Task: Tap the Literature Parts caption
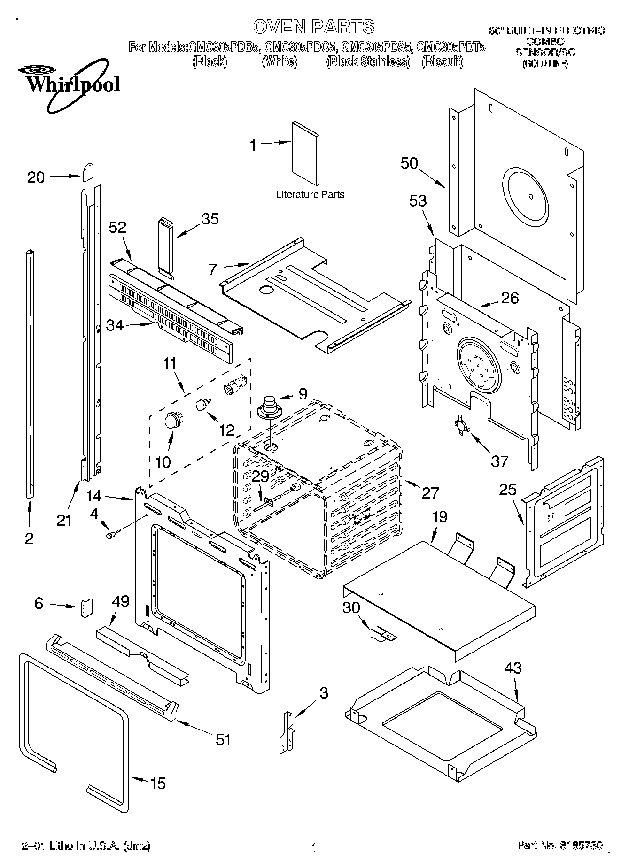click(x=310, y=194)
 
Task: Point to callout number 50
click(x=409, y=163)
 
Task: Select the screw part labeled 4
click(x=113, y=534)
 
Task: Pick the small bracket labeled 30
click(x=383, y=635)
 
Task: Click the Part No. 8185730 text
click(x=559, y=845)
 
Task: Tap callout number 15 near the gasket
click(x=158, y=783)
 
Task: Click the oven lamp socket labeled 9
click(x=270, y=407)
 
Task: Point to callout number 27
click(x=430, y=492)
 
